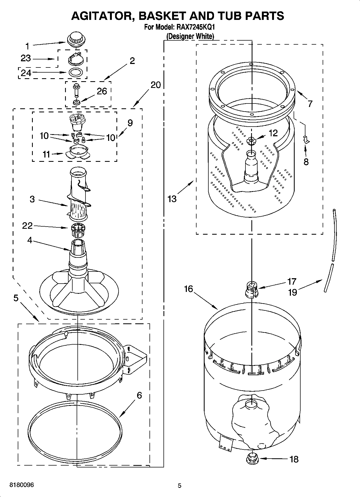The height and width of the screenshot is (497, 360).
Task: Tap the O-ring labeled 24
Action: point(76,72)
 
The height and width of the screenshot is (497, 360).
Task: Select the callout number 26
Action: point(102,91)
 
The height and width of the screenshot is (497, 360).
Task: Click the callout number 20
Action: point(155,85)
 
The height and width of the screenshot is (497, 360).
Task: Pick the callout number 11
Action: point(46,154)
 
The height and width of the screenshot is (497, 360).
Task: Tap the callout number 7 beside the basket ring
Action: point(310,103)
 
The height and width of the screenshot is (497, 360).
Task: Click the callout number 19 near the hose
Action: point(292,292)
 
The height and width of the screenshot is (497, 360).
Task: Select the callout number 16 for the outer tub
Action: point(188,289)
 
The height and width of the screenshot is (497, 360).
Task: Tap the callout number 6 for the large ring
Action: point(139,395)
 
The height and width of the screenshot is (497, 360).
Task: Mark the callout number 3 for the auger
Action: point(32,199)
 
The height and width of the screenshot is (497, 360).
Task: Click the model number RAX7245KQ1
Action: point(195,27)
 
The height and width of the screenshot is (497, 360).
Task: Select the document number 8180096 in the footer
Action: point(22,485)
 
